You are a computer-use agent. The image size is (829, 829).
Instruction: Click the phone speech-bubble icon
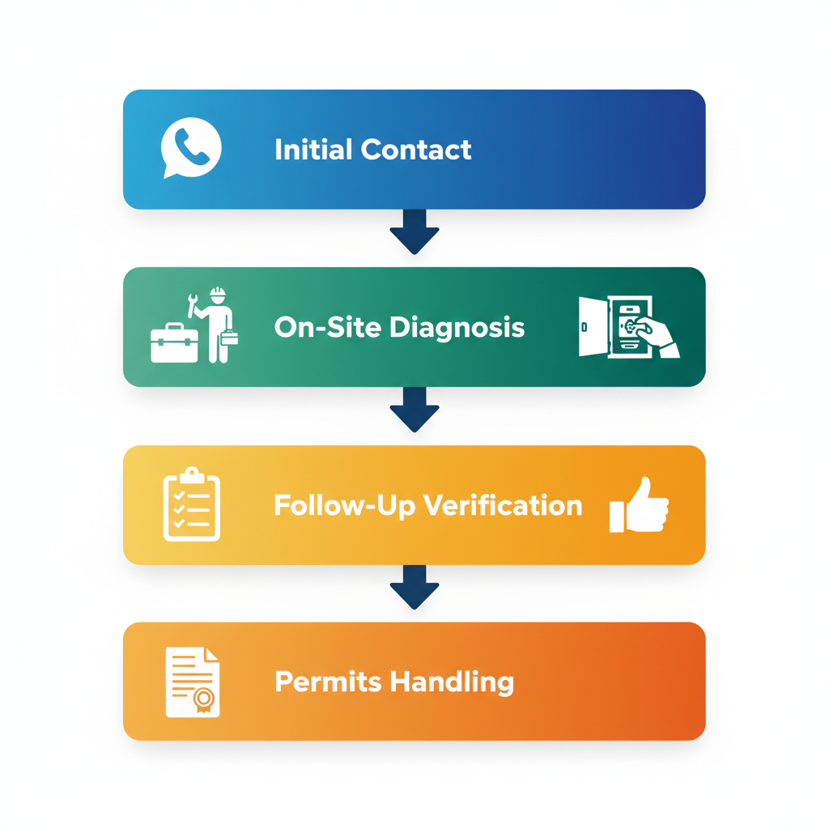click(190, 147)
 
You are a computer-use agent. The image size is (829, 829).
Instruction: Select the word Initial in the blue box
click(313, 150)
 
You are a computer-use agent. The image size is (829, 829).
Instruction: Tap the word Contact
click(416, 150)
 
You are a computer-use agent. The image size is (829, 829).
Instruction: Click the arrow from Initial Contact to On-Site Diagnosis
click(414, 231)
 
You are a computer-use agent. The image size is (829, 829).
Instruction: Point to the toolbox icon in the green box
click(174, 343)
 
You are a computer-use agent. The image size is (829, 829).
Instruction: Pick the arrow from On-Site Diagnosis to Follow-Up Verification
click(414, 408)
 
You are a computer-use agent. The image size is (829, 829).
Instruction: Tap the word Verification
click(503, 505)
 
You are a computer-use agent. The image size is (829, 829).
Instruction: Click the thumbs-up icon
click(640, 505)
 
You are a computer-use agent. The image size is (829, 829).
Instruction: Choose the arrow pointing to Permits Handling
click(414, 586)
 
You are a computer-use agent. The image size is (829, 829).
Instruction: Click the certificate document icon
click(192, 682)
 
